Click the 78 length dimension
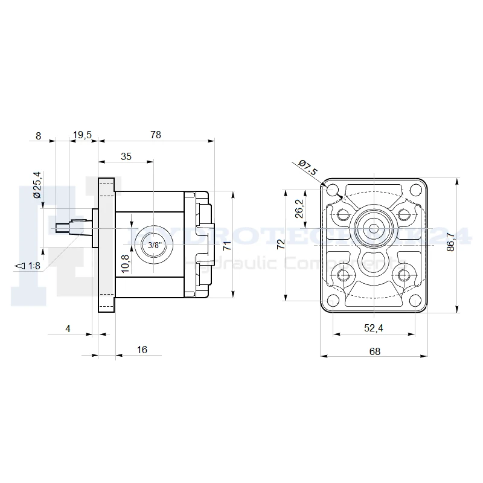click(x=156, y=135)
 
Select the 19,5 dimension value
click(x=82, y=135)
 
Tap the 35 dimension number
click(x=126, y=156)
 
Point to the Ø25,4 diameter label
click(x=37, y=185)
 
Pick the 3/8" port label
click(x=155, y=245)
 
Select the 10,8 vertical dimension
click(x=125, y=263)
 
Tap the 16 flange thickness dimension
click(x=142, y=350)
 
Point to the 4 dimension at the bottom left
click(x=68, y=328)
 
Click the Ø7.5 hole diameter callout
click(x=307, y=167)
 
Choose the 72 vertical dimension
click(x=280, y=245)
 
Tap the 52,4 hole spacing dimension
click(x=374, y=328)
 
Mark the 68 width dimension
click(x=374, y=351)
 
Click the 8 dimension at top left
click(x=38, y=135)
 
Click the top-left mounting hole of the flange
click(x=333, y=190)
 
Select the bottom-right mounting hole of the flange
click(x=415, y=301)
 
